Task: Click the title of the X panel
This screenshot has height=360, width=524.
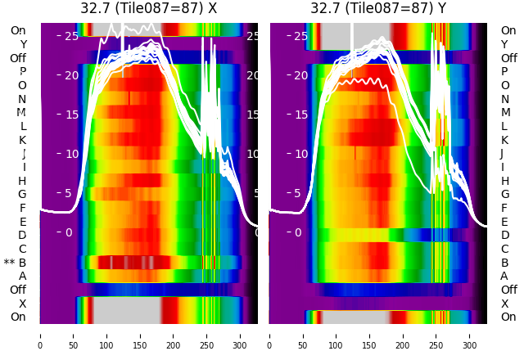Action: pos(149,8)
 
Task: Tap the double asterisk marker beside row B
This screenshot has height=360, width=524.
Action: pos(9,263)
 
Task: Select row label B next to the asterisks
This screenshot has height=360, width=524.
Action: pos(22,263)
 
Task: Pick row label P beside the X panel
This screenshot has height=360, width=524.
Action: pos(22,71)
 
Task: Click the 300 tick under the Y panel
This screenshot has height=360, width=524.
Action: pos(470,335)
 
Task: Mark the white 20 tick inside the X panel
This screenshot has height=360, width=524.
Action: pos(71,75)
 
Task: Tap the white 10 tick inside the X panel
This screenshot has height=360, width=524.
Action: pos(71,154)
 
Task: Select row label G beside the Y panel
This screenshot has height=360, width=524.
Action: pos(504,194)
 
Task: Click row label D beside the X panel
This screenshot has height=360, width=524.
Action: pos(22,236)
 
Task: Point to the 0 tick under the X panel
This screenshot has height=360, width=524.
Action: pos(40,335)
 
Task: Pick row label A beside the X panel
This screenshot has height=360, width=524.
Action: pos(22,276)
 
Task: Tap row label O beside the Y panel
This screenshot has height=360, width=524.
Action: pos(504,85)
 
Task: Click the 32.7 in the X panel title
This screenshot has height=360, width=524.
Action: pos(95,8)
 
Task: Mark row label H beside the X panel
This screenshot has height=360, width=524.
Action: pos(22,181)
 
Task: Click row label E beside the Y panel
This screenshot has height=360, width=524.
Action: pos(504,222)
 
